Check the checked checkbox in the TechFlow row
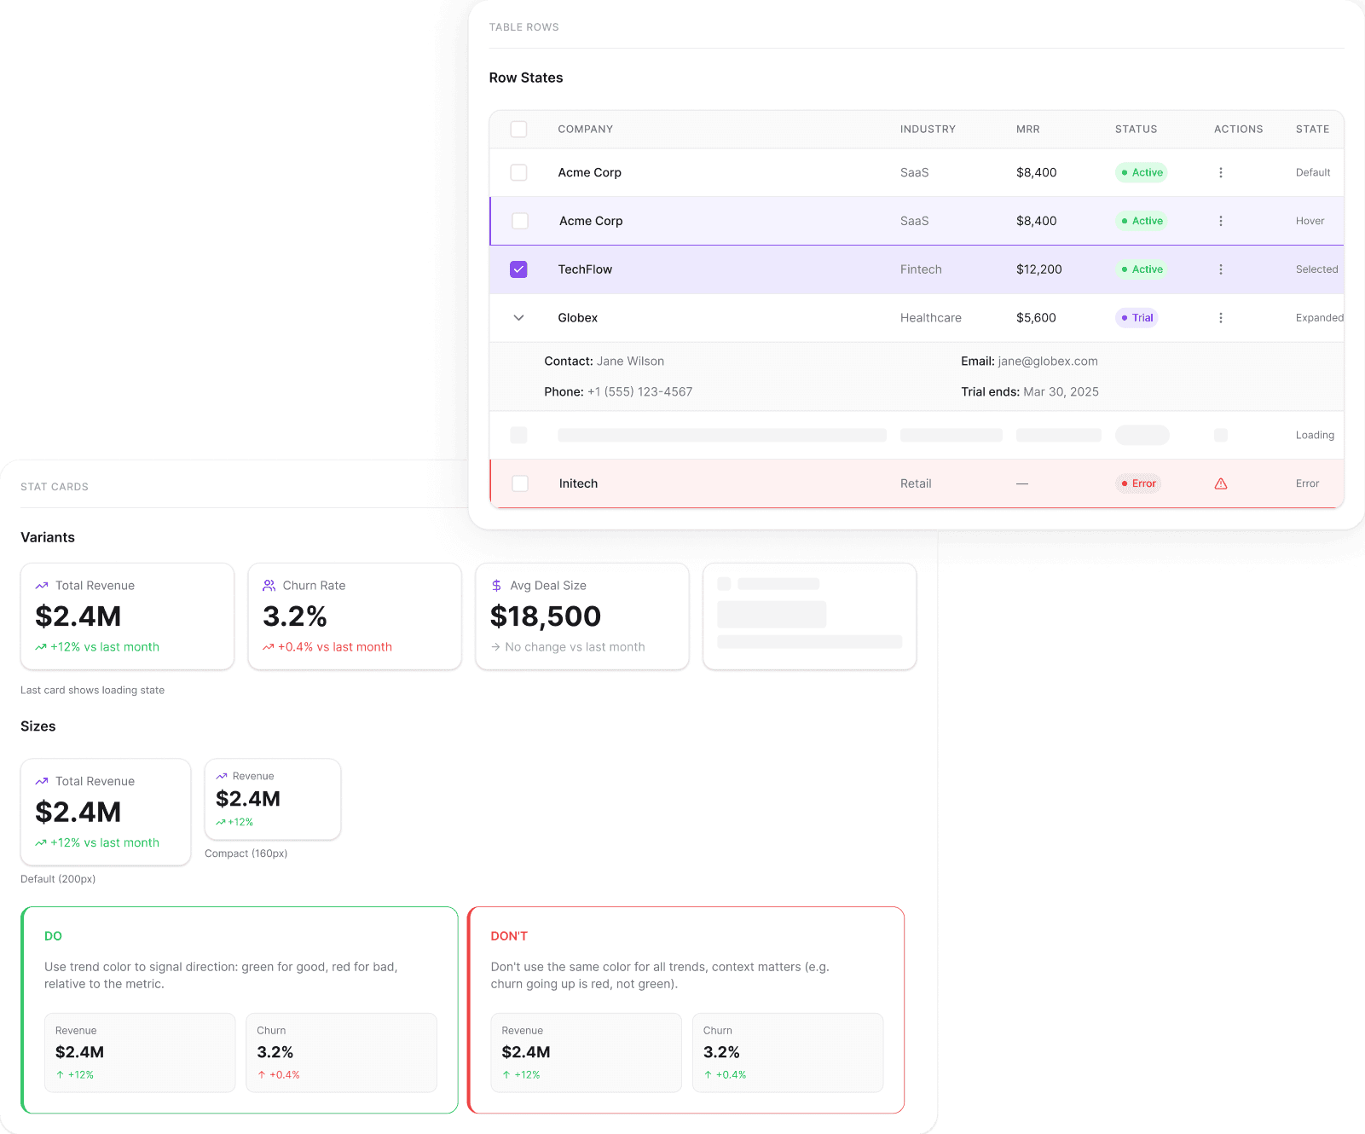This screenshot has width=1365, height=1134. point(518,269)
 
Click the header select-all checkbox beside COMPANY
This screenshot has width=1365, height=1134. point(518,130)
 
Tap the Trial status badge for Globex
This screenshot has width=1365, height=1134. point(1137,318)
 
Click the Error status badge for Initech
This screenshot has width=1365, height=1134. point(1138,483)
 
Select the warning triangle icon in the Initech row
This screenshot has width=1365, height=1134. point(1221,483)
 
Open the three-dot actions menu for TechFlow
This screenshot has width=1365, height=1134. point(1221,269)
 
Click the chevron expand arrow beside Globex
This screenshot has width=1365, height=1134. point(518,318)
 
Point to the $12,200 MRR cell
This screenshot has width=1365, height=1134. point(1038,269)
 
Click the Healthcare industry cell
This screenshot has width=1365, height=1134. point(930,318)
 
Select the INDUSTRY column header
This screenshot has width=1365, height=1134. point(928,130)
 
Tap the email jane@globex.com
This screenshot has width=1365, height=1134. point(1048,362)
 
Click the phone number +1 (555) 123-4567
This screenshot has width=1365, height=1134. point(639,392)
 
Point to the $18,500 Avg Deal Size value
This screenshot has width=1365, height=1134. point(546,616)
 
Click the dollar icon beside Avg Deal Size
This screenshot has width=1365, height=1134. point(496,586)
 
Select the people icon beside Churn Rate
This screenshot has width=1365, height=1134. point(269,586)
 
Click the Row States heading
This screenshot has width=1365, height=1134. point(526,78)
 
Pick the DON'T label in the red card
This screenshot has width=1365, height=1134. point(509,936)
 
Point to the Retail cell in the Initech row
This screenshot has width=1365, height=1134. point(916,483)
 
